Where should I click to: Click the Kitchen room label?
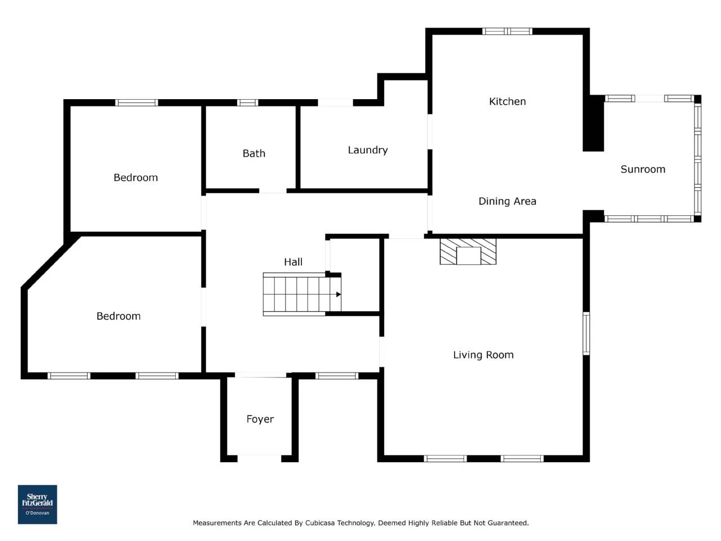(507, 101)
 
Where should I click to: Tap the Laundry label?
(368, 150)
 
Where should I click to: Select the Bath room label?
(253, 153)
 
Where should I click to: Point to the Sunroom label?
(643, 169)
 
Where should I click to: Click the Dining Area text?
(507, 201)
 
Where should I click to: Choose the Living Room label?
(483, 355)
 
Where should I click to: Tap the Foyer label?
(260, 419)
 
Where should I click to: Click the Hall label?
(293, 262)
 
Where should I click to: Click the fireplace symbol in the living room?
(468, 251)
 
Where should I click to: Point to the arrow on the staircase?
(339, 294)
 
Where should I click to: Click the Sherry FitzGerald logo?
(37, 504)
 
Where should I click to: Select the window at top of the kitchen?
(507, 31)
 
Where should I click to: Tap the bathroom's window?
(247, 103)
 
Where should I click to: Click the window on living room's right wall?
(586, 334)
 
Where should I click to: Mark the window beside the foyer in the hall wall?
(337, 376)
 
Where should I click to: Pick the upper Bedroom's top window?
(136, 103)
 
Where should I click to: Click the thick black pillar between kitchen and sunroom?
(593, 123)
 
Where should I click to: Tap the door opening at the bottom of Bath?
(273, 191)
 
